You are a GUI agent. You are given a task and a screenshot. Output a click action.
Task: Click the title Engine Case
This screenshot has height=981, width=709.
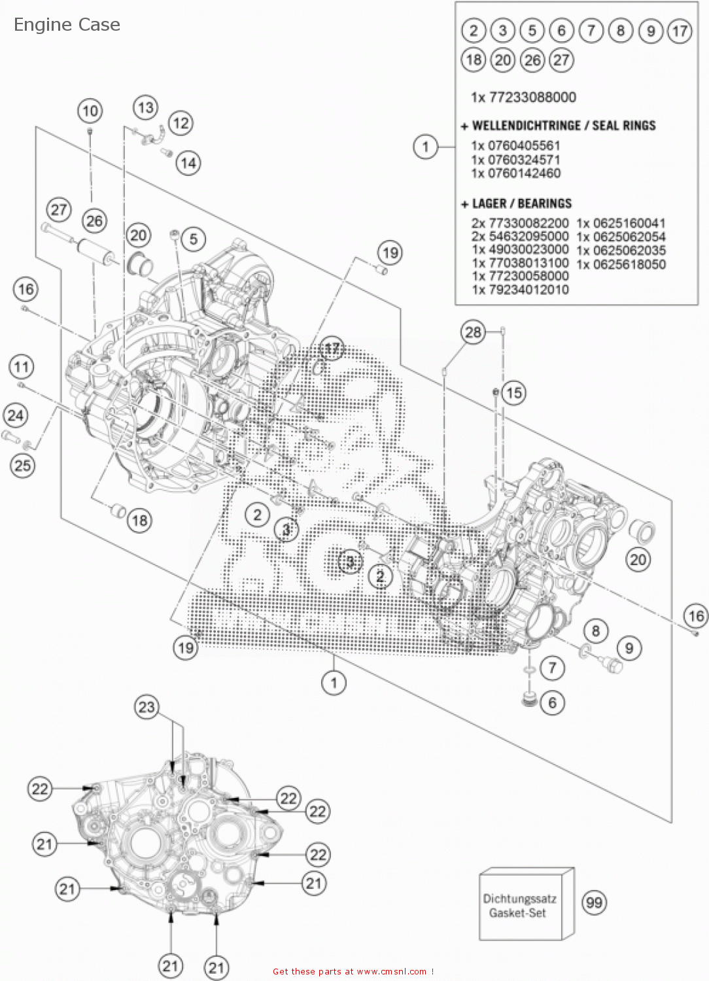click(x=67, y=25)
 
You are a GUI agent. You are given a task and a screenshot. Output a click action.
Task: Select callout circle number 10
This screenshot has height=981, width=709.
click(x=90, y=111)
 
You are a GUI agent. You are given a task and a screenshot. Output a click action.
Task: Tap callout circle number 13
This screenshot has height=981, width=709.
click(x=145, y=107)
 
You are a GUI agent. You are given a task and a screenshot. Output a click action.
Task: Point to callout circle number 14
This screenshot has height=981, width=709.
click(x=188, y=163)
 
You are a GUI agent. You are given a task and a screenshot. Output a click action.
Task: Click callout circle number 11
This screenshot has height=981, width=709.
click(x=22, y=367)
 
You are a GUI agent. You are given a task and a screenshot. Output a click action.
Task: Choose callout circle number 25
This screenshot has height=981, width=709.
click(x=22, y=466)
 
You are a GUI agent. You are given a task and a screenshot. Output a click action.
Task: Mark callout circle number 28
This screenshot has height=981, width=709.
click(x=473, y=332)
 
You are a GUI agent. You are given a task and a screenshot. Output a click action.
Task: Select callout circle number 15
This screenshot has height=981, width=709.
click(x=514, y=393)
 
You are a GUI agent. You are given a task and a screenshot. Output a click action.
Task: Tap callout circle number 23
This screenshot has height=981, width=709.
click(x=147, y=707)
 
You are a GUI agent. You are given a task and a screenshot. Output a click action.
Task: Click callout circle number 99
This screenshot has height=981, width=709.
click(x=594, y=903)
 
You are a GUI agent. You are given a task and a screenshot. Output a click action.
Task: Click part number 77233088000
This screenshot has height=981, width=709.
click(x=532, y=97)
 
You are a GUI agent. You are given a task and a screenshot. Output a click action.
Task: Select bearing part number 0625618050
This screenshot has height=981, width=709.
click(x=629, y=264)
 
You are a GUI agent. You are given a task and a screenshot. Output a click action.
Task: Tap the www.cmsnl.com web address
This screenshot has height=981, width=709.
click(x=392, y=972)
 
